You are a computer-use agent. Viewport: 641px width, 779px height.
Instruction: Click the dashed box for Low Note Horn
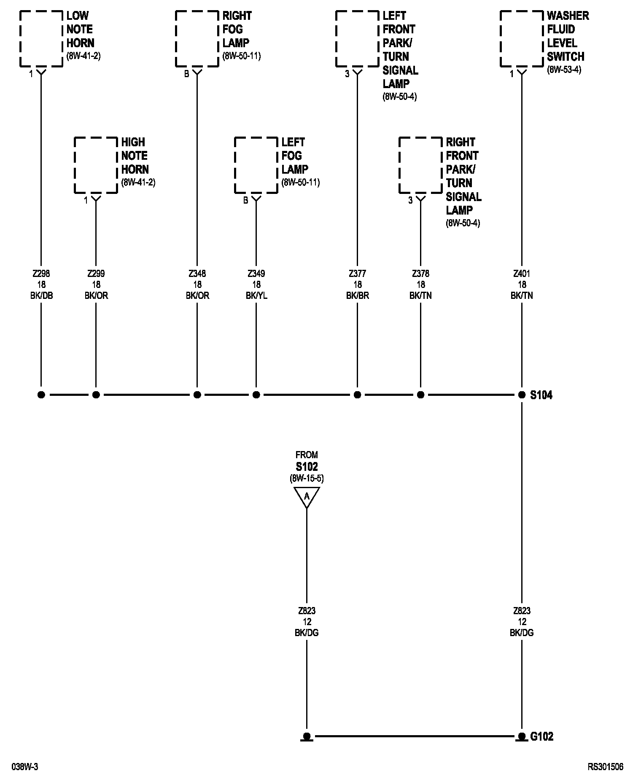pyautogui.click(x=41, y=39)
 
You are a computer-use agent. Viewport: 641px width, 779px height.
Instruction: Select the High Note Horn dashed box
pyautogui.click(x=96, y=165)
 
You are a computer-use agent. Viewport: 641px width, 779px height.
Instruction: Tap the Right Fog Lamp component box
pyautogui.click(x=197, y=39)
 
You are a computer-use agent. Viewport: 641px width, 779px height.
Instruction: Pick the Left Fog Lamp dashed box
pyautogui.click(x=256, y=165)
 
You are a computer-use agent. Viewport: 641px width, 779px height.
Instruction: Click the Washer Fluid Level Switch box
pyautogui.click(x=522, y=39)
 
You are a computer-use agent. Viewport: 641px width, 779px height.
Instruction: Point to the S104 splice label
pyautogui.click(x=541, y=395)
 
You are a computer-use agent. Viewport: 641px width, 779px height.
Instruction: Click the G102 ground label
pyautogui.click(x=541, y=736)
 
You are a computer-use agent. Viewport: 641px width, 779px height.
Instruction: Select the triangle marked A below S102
pyautogui.click(x=307, y=497)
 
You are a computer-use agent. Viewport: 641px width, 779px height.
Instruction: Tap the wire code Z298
pyautogui.click(x=41, y=274)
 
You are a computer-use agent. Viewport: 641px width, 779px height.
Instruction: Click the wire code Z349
pyautogui.click(x=256, y=274)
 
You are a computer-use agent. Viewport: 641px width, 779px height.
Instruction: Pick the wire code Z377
pyautogui.click(x=357, y=274)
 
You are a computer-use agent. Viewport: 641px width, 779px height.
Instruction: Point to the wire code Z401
pyautogui.click(x=522, y=274)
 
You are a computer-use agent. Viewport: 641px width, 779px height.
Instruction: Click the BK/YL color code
pyautogui.click(x=256, y=296)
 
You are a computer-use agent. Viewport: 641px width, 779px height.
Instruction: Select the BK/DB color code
pyautogui.click(x=41, y=296)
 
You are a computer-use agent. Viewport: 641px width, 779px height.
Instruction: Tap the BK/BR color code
pyautogui.click(x=357, y=296)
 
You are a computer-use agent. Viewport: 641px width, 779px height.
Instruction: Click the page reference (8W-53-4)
pyautogui.click(x=564, y=70)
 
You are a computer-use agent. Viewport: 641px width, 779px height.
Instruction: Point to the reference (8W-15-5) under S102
pyautogui.click(x=307, y=478)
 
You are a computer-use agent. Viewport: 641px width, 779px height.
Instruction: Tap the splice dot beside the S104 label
pyautogui.click(x=522, y=395)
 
